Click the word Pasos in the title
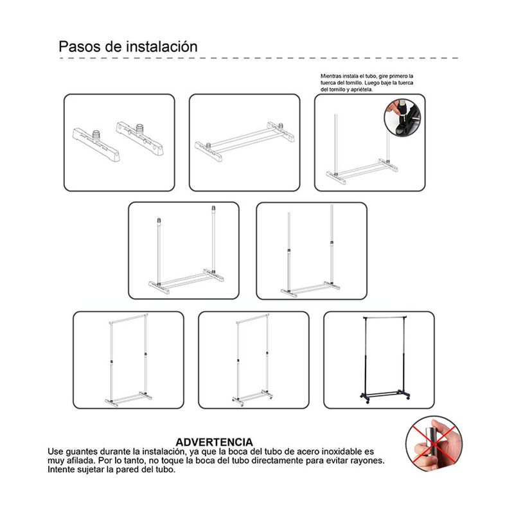(x=80, y=46)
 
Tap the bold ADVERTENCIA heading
(x=215, y=442)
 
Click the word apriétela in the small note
(x=362, y=89)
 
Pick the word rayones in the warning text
(x=367, y=461)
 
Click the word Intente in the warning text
(x=60, y=470)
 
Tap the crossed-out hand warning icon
(x=434, y=444)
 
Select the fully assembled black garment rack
(x=385, y=360)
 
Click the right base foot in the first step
(x=140, y=137)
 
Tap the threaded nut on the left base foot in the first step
(x=96, y=135)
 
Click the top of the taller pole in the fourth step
(x=213, y=208)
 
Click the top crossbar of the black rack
(x=385, y=317)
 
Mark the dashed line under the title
(x=259, y=58)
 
